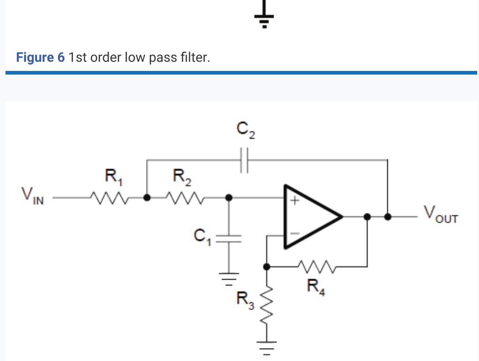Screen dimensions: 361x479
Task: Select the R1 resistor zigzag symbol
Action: (108, 198)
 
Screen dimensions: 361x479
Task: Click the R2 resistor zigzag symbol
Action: (182, 198)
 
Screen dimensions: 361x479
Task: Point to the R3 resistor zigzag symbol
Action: (268, 307)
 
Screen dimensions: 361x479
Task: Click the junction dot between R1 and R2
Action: (147, 198)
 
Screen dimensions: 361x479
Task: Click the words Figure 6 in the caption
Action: (40, 58)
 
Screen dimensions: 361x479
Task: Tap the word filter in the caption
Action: (194, 58)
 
